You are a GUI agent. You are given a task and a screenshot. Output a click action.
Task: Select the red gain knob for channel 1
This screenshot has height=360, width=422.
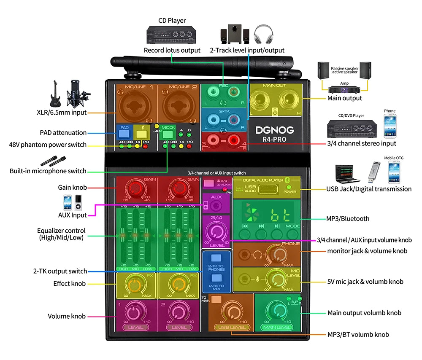136,188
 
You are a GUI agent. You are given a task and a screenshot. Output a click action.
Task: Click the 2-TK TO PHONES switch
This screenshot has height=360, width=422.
216,258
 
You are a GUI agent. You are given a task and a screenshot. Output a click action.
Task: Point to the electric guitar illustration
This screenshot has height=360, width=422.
55,93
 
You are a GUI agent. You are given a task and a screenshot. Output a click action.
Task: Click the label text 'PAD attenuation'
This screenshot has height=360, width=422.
63,133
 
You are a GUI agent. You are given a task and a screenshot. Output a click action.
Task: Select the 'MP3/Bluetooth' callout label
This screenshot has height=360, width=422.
348,218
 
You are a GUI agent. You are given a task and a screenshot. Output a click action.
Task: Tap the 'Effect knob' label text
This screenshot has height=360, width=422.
70,284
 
